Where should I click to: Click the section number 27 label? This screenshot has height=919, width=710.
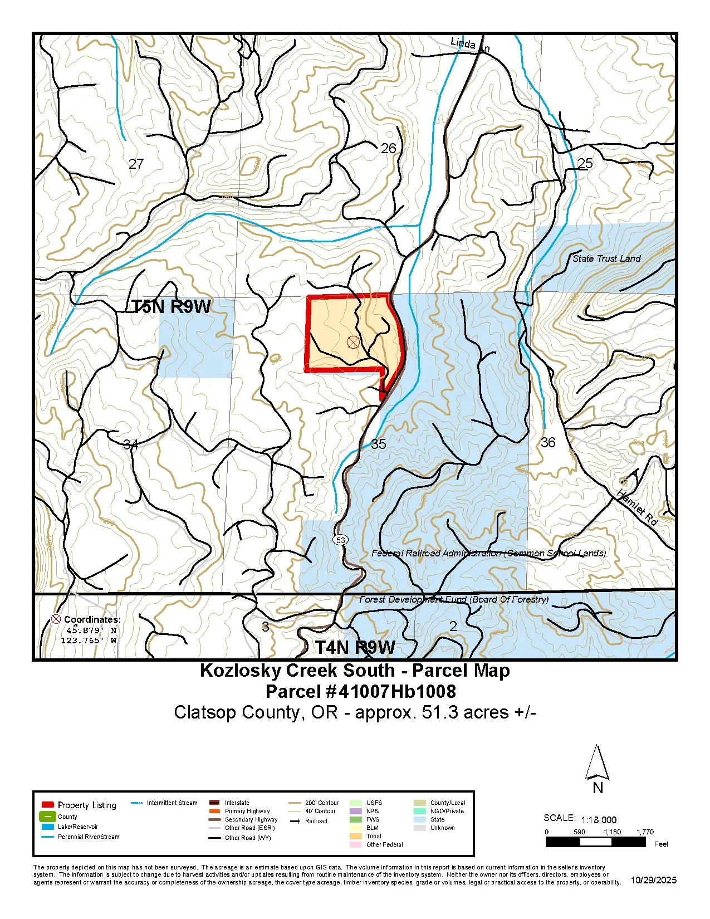136,164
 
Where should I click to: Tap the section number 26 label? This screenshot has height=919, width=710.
388,148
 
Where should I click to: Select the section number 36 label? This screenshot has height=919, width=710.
548,442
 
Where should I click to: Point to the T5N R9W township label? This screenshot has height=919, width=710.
171,306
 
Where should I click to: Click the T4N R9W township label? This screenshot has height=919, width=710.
355,647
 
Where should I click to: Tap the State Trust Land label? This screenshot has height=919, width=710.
606,258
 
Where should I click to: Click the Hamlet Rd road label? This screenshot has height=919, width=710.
638,507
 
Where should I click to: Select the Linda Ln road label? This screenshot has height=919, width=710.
469,45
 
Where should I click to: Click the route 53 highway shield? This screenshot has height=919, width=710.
340,540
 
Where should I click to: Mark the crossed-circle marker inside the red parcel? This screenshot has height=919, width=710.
353,342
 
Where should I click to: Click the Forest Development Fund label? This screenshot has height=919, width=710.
453,599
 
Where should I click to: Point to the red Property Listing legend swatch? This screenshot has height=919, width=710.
48,805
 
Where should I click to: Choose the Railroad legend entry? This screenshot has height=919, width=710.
316,821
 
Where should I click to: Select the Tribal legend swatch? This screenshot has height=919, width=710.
356,836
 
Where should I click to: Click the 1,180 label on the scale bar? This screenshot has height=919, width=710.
612,832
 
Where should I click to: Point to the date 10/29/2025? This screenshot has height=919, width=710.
653,880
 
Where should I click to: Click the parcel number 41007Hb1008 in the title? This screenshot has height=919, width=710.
397,691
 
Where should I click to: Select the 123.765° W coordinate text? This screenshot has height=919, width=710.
89,641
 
